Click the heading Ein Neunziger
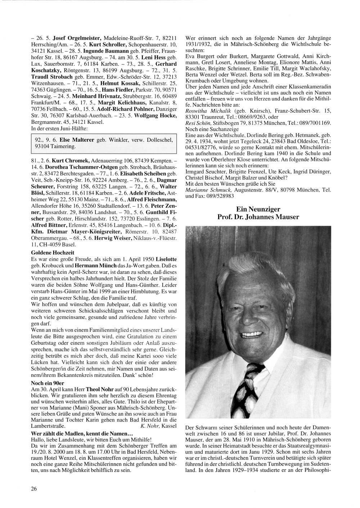[258, 209]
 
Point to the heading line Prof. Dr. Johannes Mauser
[258, 217]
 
